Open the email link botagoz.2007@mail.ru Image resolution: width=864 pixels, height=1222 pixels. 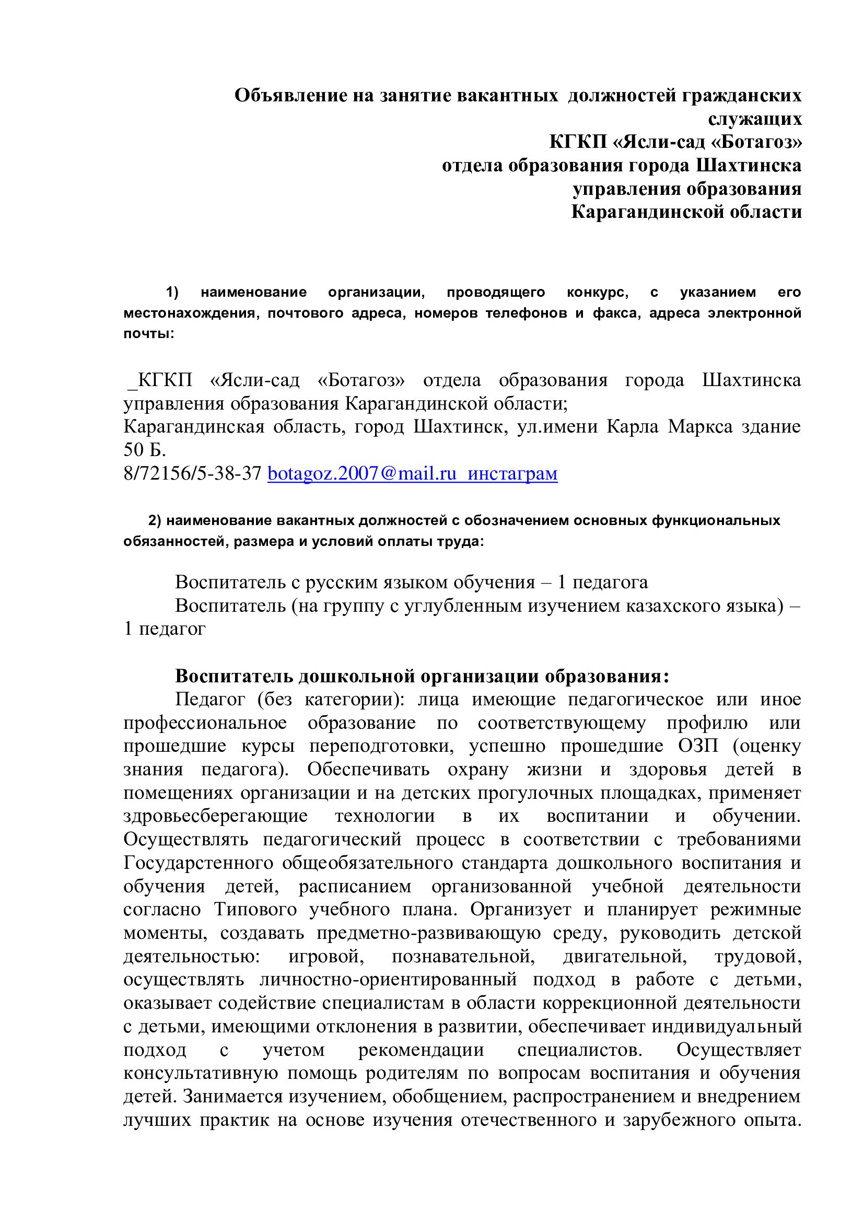pyautogui.click(x=362, y=473)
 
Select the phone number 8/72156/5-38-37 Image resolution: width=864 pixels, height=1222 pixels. pyautogui.click(x=192, y=473)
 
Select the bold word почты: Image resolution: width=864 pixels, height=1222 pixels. pyautogui.click(x=149, y=334)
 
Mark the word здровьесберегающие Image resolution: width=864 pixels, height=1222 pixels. pyautogui.click(x=215, y=816)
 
